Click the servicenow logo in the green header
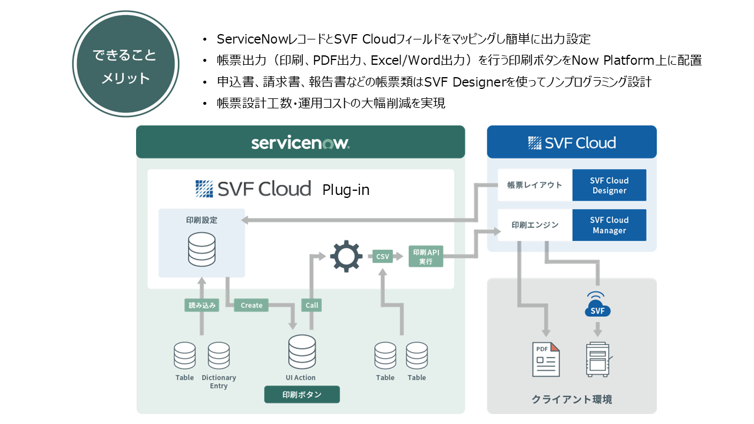point(300,143)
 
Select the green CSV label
point(383,256)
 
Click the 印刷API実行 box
point(425,257)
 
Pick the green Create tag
point(252,305)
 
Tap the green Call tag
point(312,305)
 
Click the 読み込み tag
point(202,305)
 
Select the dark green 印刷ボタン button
point(302,395)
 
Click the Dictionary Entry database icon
point(219,356)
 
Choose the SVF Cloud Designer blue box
point(609,185)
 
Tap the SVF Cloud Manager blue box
point(609,225)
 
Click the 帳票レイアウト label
point(535,185)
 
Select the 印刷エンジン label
point(535,224)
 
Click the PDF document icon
point(545,359)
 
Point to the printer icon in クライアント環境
point(599,359)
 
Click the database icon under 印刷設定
point(201,251)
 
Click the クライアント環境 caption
point(571,399)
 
